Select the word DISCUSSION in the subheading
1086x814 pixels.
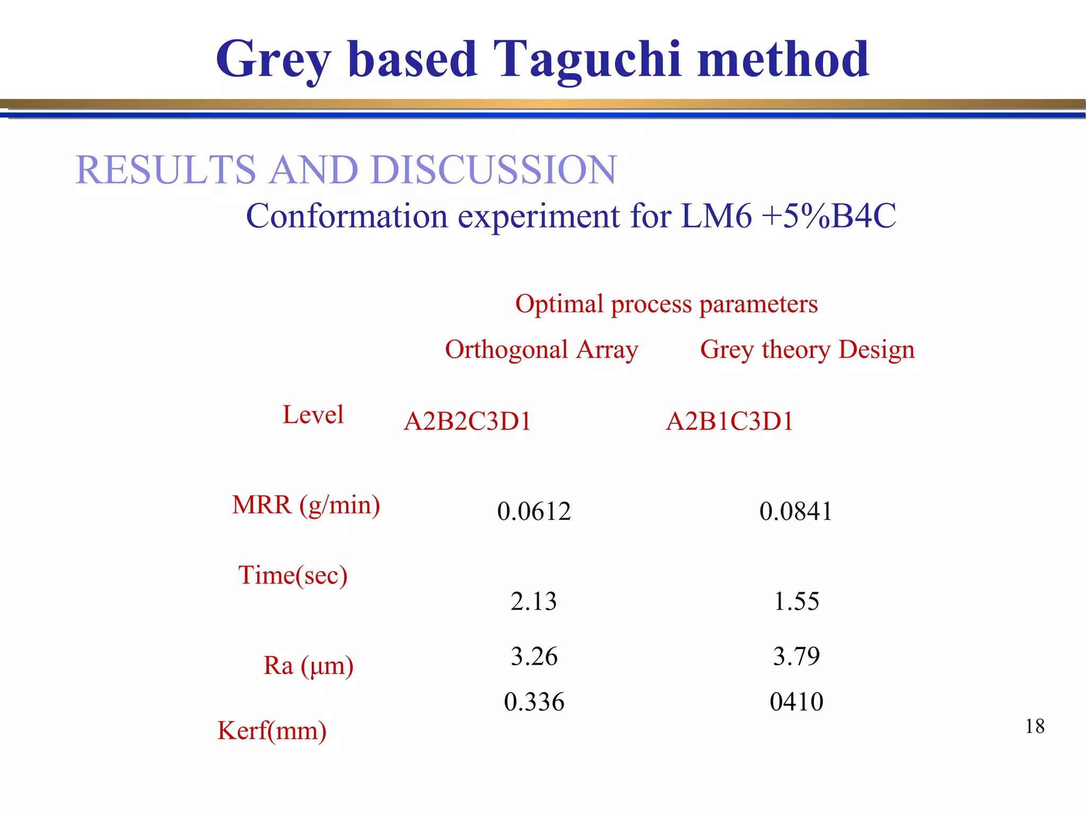[x=494, y=170]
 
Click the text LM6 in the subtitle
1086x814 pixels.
[x=716, y=216]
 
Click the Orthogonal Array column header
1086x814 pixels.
[x=541, y=350]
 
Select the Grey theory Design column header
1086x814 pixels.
[x=807, y=350]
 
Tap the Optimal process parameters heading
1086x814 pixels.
[x=666, y=304]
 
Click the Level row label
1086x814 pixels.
[x=313, y=414]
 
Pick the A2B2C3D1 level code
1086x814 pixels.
[x=467, y=422]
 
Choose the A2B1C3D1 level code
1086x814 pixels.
[x=729, y=422]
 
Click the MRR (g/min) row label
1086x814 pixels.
[x=306, y=505]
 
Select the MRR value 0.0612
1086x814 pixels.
[x=534, y=511]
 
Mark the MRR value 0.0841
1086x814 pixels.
[x=796, y=511]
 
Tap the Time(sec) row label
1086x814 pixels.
[x=293, y=576]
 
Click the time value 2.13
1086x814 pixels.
[x=533, y=601]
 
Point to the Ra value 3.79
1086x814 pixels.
[x=796, y=657]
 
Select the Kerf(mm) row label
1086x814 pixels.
[x=271, y=731]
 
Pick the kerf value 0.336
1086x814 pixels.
[x=534, y=702]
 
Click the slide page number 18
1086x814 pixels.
[x=1035, y=727]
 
